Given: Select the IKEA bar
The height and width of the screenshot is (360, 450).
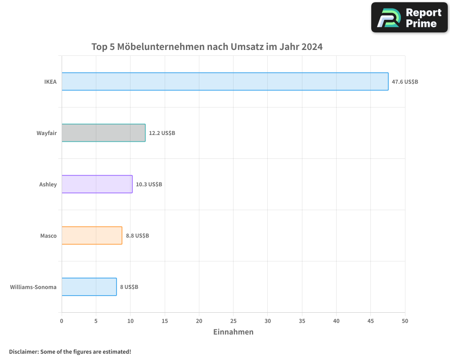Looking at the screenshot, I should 225,81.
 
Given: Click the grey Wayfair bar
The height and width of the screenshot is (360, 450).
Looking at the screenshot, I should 103,133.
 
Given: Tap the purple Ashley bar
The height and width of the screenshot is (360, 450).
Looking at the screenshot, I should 97,184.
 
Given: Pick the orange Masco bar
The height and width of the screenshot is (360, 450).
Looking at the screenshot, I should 92,235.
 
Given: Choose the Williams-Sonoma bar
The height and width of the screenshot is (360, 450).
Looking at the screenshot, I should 89,287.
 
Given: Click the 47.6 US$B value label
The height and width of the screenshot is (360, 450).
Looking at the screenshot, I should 405,82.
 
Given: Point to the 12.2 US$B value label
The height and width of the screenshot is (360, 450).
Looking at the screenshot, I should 162,133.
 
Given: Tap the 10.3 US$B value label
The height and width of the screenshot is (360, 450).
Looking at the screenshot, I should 149,184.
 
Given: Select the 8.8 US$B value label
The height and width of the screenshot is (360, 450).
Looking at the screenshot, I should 137,236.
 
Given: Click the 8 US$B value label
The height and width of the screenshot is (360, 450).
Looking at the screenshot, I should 129,287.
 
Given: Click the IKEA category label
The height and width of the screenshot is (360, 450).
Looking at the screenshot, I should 50,82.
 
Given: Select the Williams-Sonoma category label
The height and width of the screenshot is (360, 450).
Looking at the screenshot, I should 33,287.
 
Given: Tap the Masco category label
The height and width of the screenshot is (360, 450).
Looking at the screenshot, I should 49,236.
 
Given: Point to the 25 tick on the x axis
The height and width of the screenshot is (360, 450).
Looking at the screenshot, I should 233,321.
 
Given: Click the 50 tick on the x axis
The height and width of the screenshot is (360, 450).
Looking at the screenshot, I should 405,321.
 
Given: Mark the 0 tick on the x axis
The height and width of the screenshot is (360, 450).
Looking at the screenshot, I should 62,321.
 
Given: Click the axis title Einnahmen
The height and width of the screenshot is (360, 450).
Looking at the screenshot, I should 233,332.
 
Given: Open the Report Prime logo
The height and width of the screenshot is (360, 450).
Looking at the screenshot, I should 409,18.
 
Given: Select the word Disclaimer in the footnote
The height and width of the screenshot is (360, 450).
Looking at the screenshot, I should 23,351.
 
